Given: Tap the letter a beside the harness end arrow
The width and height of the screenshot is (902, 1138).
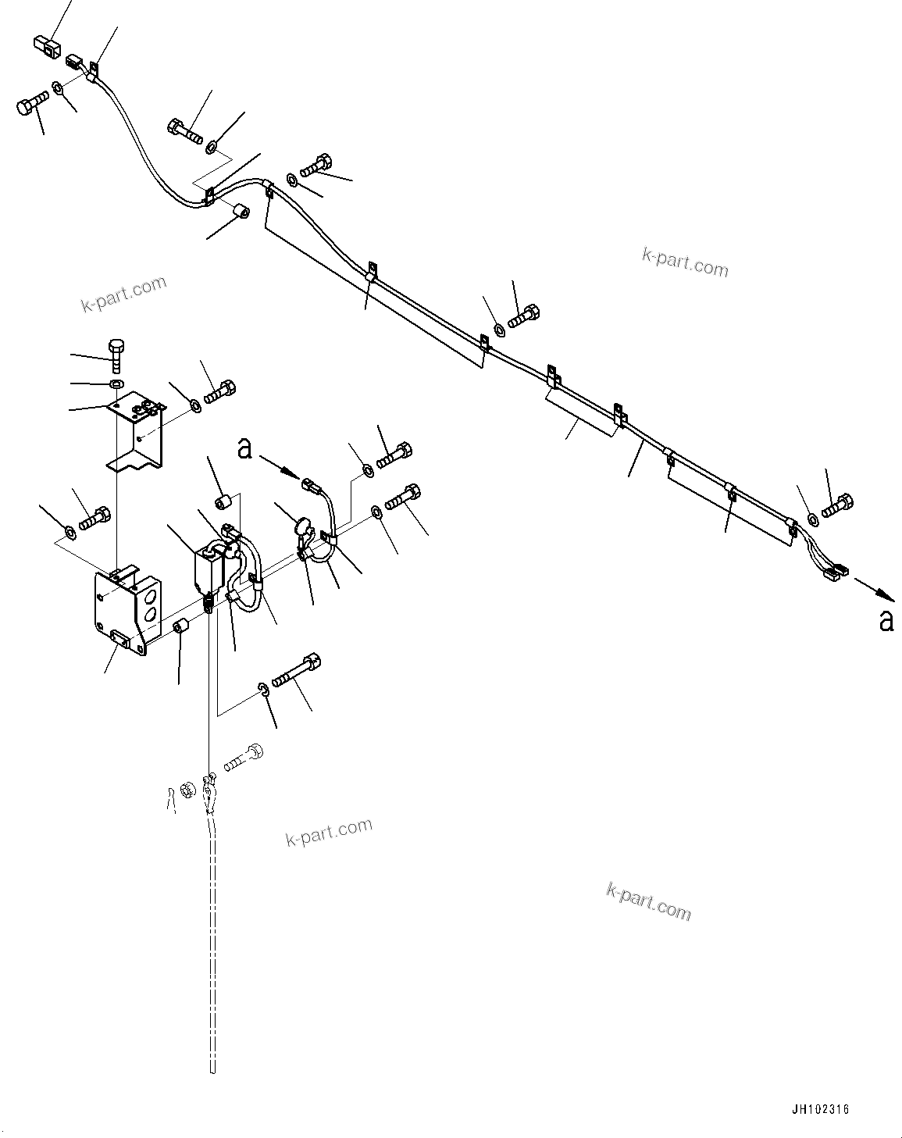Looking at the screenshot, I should (886, 620).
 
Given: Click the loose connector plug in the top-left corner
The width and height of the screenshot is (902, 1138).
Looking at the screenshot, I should (47, 47).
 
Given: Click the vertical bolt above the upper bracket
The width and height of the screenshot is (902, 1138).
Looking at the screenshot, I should (116, 355).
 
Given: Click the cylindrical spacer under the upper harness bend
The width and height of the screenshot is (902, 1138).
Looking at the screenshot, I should (240, 210).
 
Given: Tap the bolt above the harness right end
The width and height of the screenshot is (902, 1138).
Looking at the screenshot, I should (839, 505).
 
